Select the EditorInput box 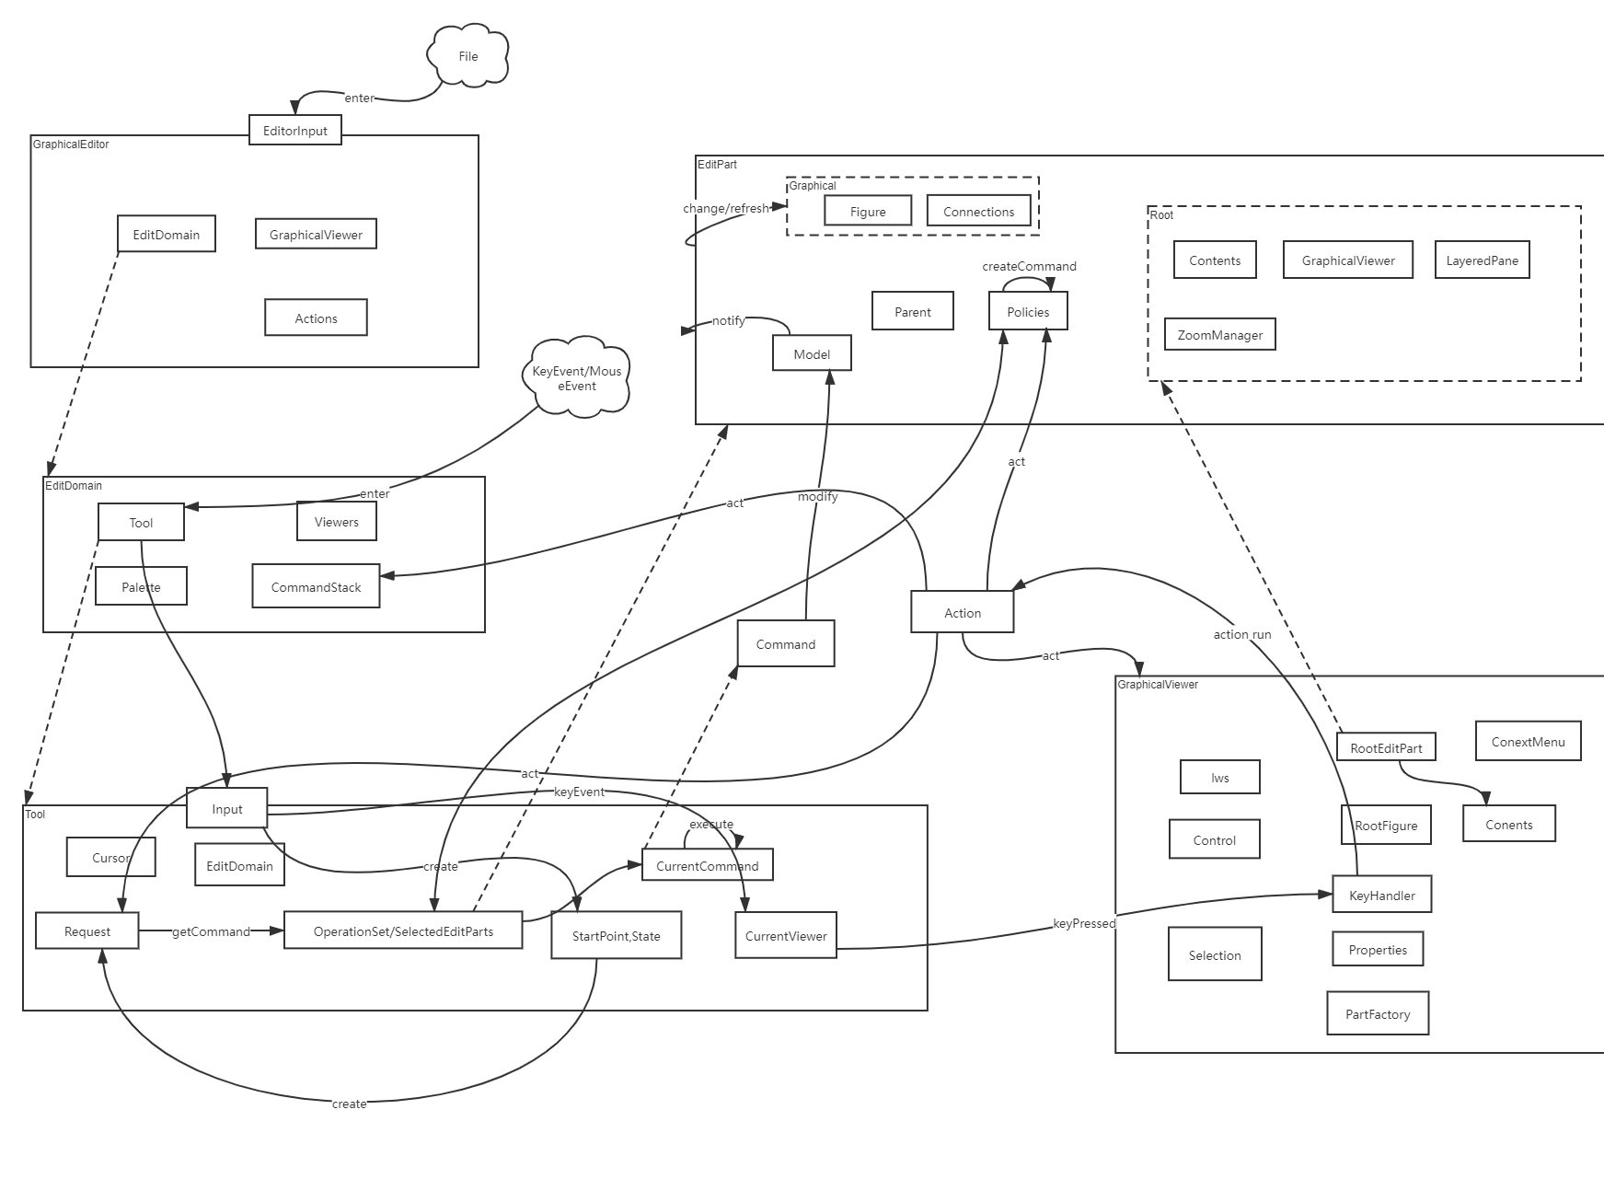tap(295, 130)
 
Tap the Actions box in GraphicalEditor tap(316, 318)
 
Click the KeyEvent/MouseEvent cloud tap(578, 378)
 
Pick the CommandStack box tap(316, 586)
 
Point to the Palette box tap(141, 586)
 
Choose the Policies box tap(1028, 311)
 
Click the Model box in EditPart tap(812, 353)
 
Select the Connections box tap(978, 211)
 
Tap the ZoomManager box tap(1220, 334)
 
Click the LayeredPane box tap(1482, 260)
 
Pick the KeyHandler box tap(1382, 895)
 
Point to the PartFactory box tap(1378, 1013)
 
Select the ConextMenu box tap(1529, 741)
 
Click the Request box tap(87, 930)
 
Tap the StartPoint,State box tap(617, 935)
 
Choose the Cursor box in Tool tap(111, 857)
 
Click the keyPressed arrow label tap(1084, 923)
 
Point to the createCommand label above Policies tap(1029, 266)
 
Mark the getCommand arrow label tap(211, 931)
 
